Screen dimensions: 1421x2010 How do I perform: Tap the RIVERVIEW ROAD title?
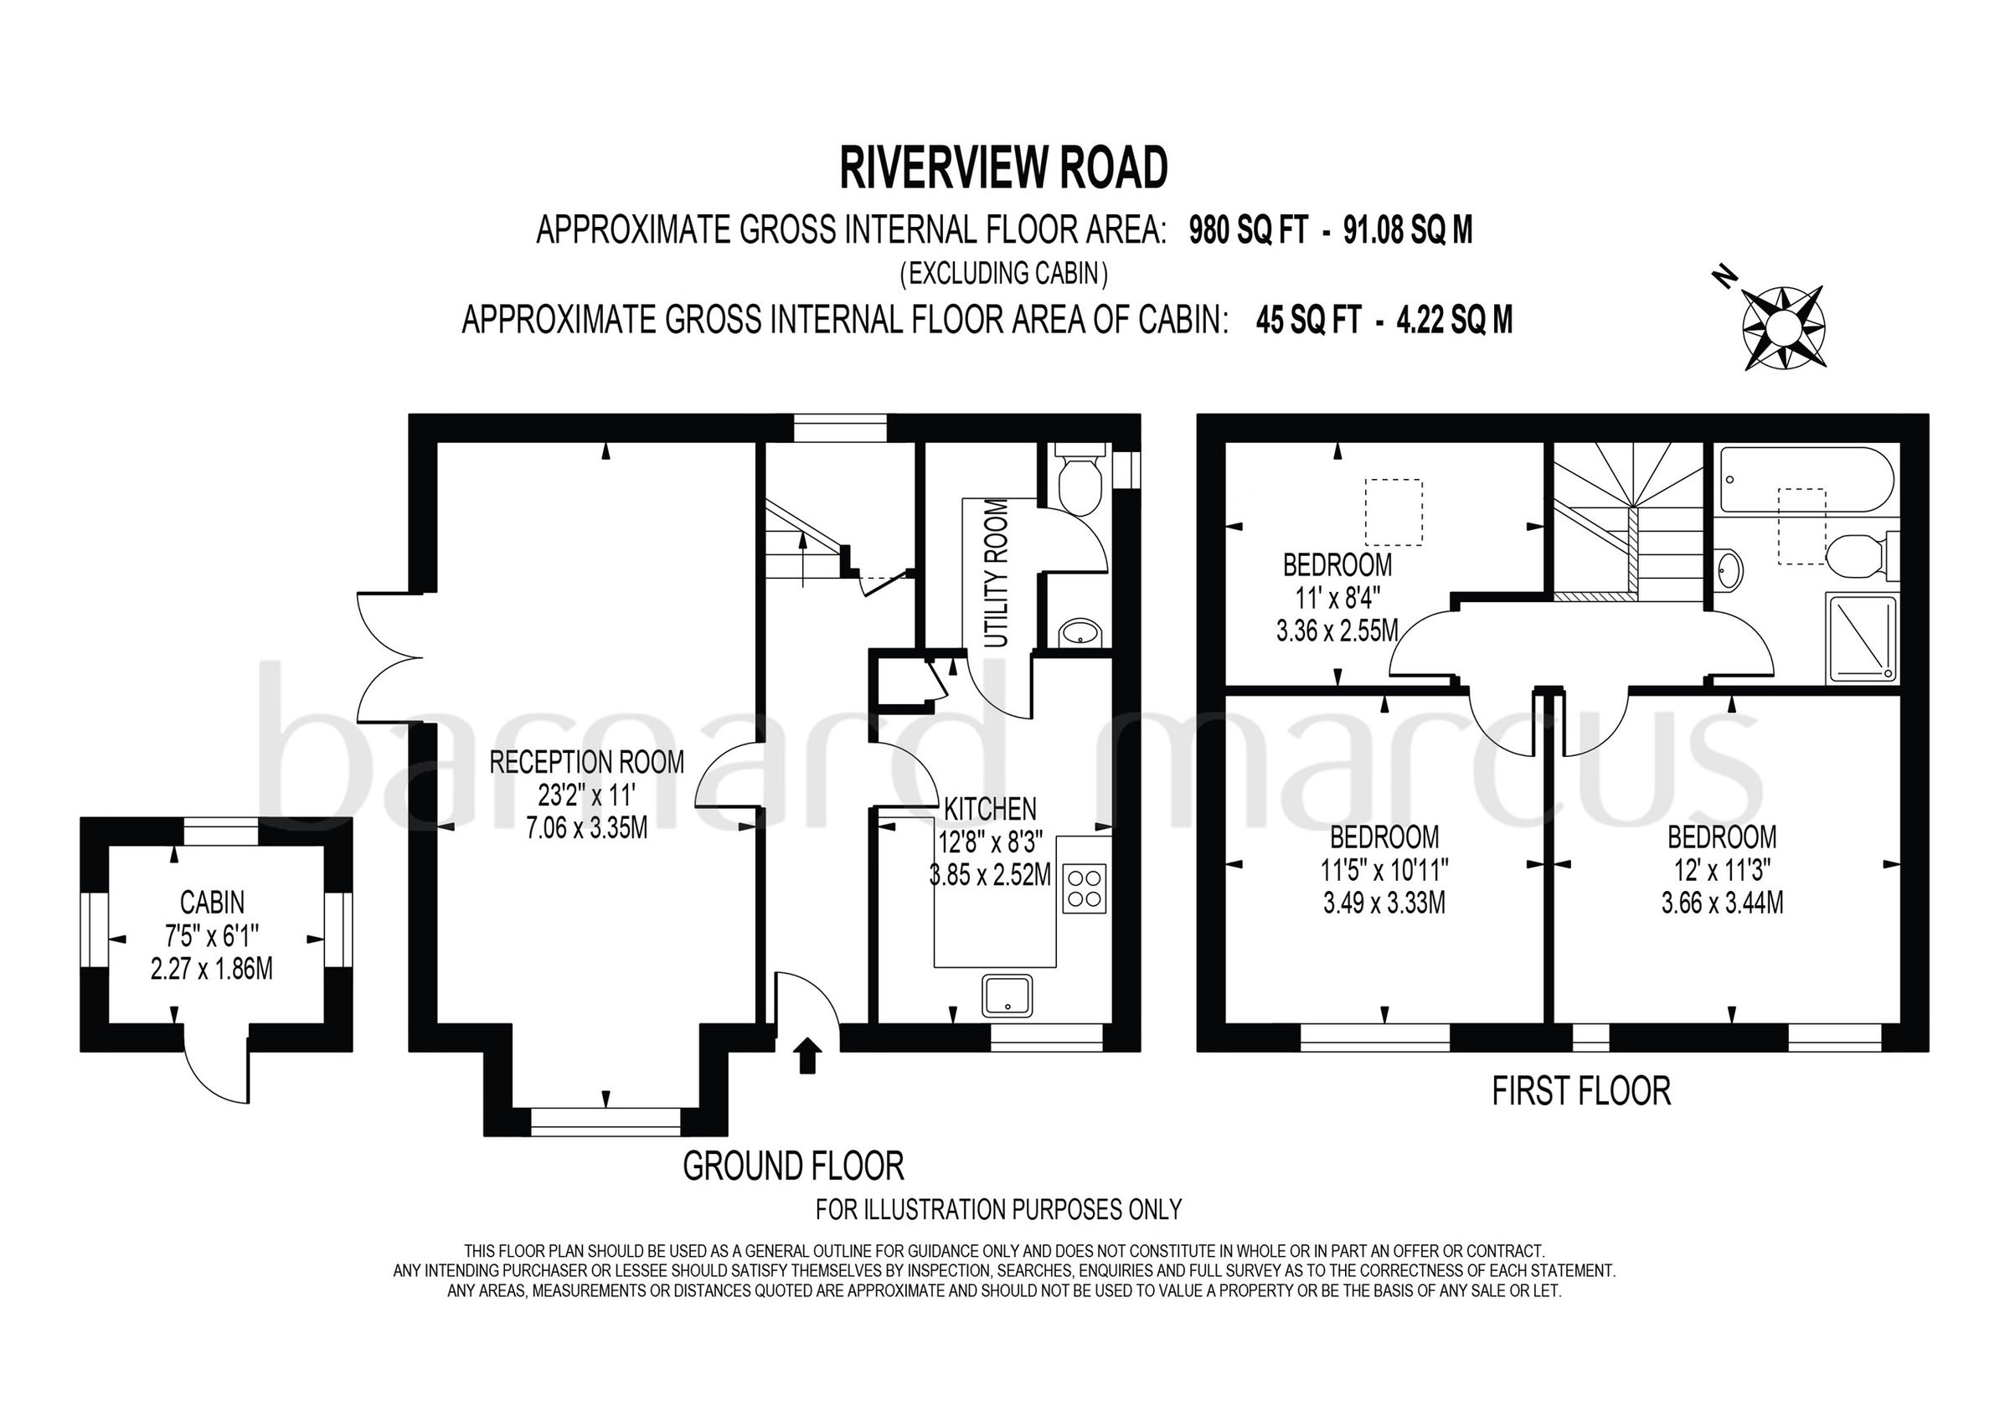(x=1003, y=168)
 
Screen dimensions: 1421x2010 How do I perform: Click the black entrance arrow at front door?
(x=807, y=1056)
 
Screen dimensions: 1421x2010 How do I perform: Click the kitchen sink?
(x=1007, y=996)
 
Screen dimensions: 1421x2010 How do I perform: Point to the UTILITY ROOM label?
(x=997, y=573)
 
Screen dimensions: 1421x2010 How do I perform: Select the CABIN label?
(x=212, y=901)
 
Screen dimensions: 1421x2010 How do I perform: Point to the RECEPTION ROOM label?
(x=586, y=762)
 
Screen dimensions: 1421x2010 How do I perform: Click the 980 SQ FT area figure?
(x=1248, y=230)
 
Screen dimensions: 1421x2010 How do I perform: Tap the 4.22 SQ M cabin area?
(x=1454, y=321)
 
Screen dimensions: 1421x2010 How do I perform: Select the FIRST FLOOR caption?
(x=1581, y=1091)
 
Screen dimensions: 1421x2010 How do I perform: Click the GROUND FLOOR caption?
(x=793, y=1166)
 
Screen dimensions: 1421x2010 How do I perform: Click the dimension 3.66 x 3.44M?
(x=1722, y=903)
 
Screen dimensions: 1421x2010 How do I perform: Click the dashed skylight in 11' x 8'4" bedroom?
(x=1394, y=512)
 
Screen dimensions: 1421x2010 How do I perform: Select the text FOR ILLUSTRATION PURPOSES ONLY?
(x=998, y=1209)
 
